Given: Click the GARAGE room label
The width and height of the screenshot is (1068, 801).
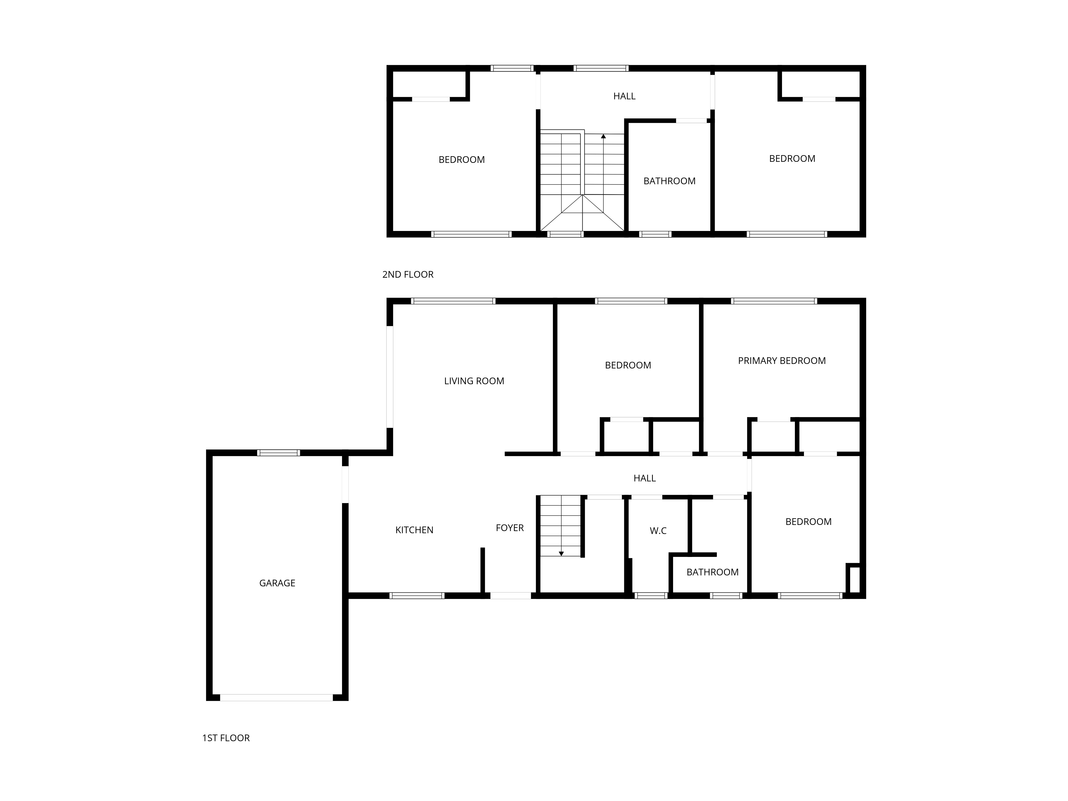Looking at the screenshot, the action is pos(277,583).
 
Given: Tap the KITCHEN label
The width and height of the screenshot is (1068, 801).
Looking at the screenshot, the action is pos(414,530).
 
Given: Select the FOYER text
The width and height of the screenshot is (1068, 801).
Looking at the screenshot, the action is pos(510,528).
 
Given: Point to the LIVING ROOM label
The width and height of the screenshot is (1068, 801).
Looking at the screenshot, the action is pos(474,381).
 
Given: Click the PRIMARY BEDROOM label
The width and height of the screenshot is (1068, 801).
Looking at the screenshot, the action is pos(782,361).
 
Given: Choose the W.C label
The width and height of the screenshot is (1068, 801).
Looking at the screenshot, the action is pos(658,531).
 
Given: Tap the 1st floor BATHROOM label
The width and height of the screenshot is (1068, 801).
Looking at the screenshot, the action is pos(713,572).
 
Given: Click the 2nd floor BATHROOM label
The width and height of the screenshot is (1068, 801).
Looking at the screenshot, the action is pos(670,181).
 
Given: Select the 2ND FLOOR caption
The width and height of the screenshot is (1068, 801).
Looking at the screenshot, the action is pos(408,274).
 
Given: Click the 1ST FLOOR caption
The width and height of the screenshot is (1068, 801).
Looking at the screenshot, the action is pos(226,738).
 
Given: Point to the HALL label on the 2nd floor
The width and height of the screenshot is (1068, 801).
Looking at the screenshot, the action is pos(624,96).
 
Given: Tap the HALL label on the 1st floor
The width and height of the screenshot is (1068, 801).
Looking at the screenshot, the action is pos(645,478).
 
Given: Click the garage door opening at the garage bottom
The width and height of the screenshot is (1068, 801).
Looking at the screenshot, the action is pos(277,697).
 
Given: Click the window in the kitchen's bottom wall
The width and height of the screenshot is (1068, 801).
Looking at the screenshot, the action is pos(417,596).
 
